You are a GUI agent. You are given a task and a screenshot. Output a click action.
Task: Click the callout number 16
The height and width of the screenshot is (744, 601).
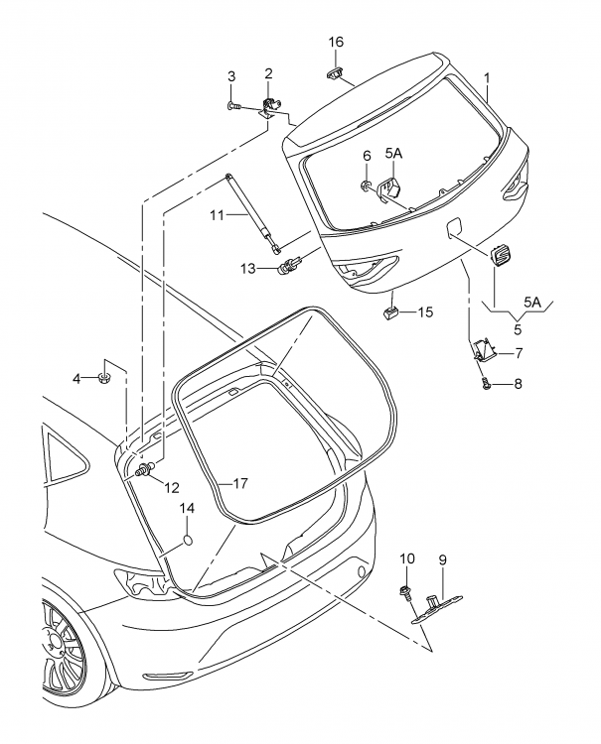[x=336, y=42]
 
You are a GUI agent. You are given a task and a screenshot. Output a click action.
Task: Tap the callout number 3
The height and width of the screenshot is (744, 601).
[x=231, y=76]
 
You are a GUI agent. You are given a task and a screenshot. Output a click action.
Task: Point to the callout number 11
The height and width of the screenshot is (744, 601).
[x=218, y=214]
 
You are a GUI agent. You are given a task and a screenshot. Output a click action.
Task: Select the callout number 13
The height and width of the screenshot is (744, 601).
[x=247, y=268]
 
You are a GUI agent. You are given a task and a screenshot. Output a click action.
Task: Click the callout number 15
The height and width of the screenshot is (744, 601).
[x=425, y=312]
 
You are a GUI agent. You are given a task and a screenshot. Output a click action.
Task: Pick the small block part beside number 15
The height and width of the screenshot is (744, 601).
[x=392, y=313]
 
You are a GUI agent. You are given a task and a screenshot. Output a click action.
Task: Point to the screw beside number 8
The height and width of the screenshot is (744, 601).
[x=485, y=383]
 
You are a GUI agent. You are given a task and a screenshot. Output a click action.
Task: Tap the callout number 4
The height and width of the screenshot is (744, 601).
[x=76, y=377]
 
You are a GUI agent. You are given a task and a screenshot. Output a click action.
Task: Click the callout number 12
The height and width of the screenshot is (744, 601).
[x=172, y=486]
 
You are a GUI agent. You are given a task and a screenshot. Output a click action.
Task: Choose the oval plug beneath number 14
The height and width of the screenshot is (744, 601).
[x=186, y=542]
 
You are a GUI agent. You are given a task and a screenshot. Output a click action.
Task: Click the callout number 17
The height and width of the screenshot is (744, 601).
[x=239, y=484]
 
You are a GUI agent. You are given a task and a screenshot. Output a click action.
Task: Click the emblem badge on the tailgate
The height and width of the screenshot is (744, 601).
[x=499, y=256]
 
